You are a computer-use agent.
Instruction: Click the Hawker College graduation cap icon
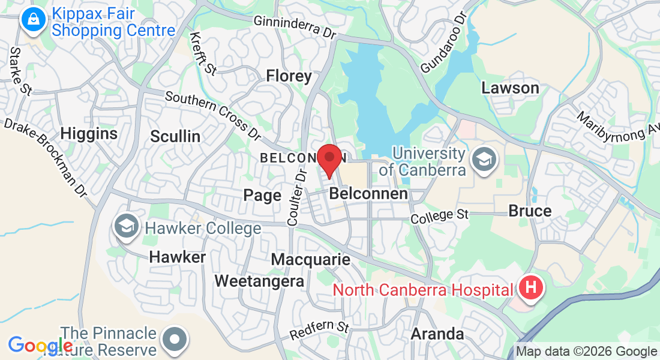pyautogui.click(x=126, y=227)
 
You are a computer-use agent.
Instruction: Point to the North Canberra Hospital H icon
pyautogui.click(x=530, y=289)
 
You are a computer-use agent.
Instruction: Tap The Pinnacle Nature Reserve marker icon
pyautogui.click(x=175, y=339)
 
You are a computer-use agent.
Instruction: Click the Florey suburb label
pyautogui.click(x=289, y=76)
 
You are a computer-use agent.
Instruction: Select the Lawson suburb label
pyautogui.click(x=510, y=88)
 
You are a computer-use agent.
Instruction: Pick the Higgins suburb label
pyautogui.click(x=89, y=133)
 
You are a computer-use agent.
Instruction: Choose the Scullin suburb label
pyautogui.click(x=175, y=136)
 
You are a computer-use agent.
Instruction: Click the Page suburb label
pyautogui.click(x=262, y=195)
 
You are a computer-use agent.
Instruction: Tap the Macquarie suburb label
pyautogui.click(x=310, y=259)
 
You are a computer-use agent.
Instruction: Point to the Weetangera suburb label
pyautogui.click(x=259, y=281)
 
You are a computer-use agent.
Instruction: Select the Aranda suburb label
pyautogui.click(x=437, y=334)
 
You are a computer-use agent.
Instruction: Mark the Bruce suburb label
pyautogui.click(x=530, y=211)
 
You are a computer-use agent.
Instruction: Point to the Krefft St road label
pyautogui.click(x=203, y=53)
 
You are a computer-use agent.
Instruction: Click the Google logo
pyautogui.click(x=40, y=346)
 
